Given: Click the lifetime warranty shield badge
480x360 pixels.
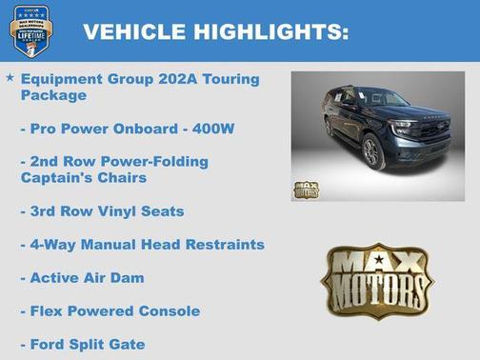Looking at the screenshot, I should click(30, 30).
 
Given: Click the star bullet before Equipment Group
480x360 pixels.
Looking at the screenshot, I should click(10, 77).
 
